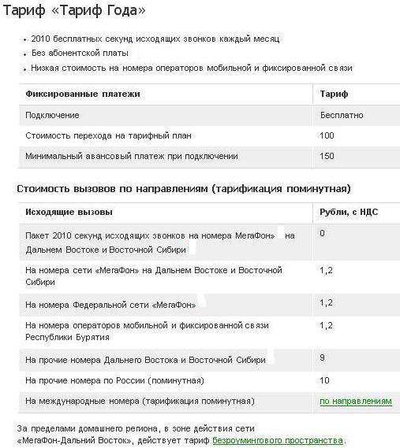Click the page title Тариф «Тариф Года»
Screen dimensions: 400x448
click(x=76, y=13)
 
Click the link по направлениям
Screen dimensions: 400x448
click(x=355, y=401)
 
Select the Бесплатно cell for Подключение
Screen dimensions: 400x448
click(x=342, y=115)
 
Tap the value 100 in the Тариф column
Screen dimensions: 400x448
click(x=327, y=135)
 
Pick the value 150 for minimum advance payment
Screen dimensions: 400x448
click(x=327, y=156)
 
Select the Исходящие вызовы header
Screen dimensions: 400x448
click(x=69, y=213)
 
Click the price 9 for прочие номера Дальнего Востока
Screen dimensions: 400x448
click(x=323, y=358)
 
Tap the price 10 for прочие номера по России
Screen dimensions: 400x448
click(x=324, y=380)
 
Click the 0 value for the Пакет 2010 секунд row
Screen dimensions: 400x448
click(x=323, y=234)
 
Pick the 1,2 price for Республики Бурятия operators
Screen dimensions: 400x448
click(x=326, y=324)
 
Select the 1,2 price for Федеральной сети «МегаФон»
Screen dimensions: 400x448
click(x=326, y=302)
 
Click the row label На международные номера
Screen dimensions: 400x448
click(x=140, y=401)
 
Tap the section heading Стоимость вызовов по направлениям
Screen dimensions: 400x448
click(x=184, y=189)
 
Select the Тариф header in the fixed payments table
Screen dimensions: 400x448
click(x=334, y=94)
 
